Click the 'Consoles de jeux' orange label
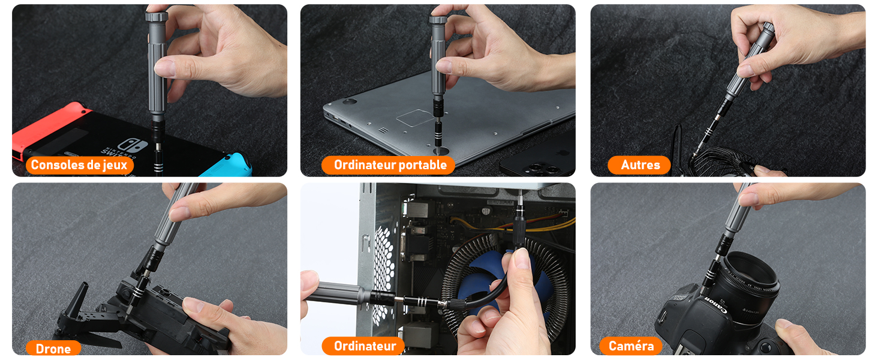pyautogui.click(x=80, y=165)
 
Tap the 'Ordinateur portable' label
pyautogui.click(x=388, y=165)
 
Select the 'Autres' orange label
pyautogui.click(x=639, y=165)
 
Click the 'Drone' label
pyautogui.click(x=53, y=348)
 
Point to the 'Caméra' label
pyautogui.click(x=630, y=346)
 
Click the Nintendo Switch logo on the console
pyautogui.click(x=132, y=146)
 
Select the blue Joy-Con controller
pyautogui.click(x=227, y=166)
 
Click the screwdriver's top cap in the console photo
pyautogui.click(x=157, y=16)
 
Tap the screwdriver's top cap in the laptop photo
pyautogui.click(x=438, y=20)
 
